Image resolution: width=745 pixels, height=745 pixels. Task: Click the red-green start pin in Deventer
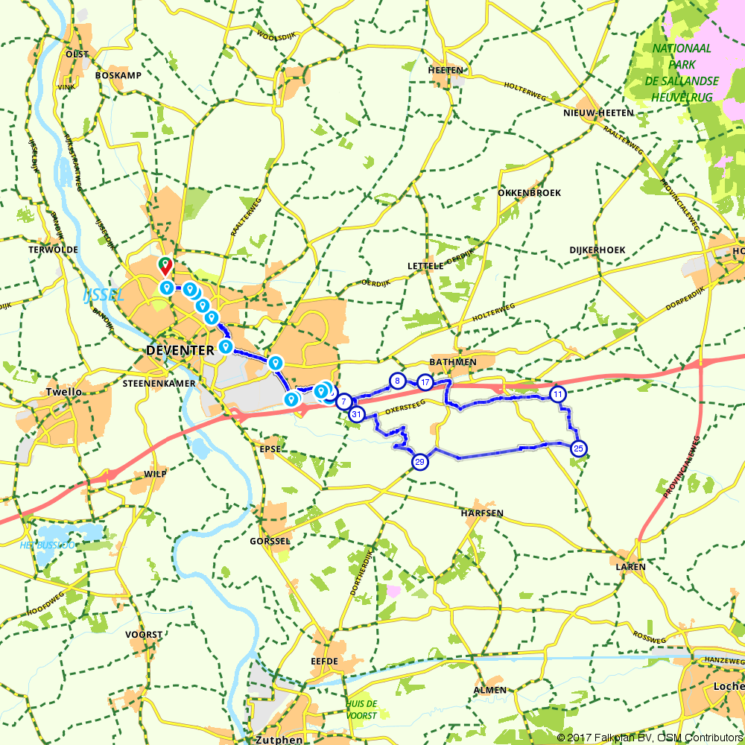164,264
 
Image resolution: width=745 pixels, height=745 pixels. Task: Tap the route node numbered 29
420,462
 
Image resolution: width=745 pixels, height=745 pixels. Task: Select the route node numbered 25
578,448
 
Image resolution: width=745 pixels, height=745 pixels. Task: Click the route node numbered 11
558,393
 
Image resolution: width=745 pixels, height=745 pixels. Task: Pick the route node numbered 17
425,382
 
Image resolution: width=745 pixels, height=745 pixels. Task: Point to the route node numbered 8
398,381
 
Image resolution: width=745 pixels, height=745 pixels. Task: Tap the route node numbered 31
357,414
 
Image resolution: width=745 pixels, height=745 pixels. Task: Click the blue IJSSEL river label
104,295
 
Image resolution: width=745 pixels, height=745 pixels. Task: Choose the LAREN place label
630,566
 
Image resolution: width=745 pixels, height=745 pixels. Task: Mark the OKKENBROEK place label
529,192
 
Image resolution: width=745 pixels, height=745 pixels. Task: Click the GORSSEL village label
270,541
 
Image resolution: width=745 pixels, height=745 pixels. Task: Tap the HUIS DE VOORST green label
361,708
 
